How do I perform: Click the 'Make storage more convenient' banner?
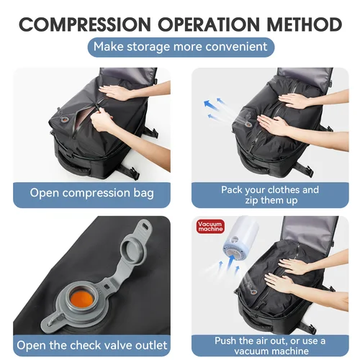pos(181,48)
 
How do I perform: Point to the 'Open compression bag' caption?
pos(91,193)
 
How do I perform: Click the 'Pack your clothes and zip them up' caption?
pos(269,195)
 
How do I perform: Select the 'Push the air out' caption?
pos(269,345)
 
